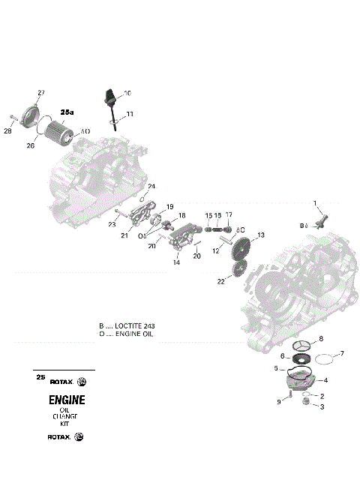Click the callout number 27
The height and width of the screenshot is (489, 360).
coord(41,92)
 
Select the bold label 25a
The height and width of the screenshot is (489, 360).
coord(67,112)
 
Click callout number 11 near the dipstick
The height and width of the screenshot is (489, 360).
coord(130,113)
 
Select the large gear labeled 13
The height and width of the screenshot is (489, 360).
coord(241,247)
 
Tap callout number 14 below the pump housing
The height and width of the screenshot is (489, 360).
coord(176,262)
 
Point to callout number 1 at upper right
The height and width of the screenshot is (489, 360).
coord(315,202)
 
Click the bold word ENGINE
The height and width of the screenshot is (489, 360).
coord(67,399)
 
